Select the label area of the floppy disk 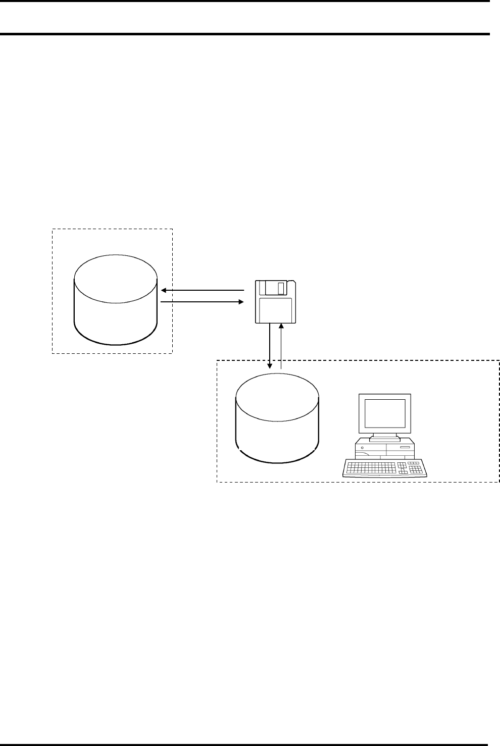(275, 309)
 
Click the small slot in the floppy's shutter (281, 289)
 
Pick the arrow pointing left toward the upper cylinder (202, 291)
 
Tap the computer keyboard (385, 468)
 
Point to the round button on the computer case (363, 447)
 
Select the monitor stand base (385, 438)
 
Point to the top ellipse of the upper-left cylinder (116, 279)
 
